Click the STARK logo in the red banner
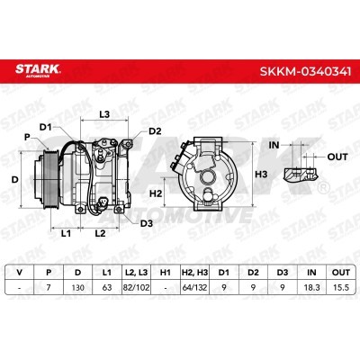38,71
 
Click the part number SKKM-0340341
305,72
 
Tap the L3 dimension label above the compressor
104,114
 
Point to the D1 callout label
46,127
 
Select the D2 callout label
155,131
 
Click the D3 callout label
147,223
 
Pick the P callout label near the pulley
27,137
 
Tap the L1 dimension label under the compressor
66,233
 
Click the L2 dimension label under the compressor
100,233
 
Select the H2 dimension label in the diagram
156,193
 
